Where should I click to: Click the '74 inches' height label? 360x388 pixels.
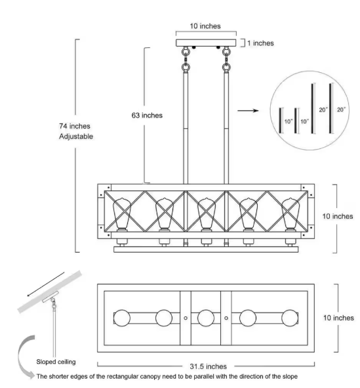click(75, 126)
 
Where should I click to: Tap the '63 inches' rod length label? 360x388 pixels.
click(147, 116)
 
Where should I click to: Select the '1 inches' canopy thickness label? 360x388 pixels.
click(261, 43)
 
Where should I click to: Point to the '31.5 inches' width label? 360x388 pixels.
click(209, 366)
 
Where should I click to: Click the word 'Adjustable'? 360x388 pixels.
click(76, 137)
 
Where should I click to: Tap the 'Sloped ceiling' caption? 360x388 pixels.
click(56, 362)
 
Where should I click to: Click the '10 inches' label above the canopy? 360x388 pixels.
click(205, 26)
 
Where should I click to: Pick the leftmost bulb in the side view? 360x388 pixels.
click(122, 214)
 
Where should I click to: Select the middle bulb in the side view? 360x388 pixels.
click(207, 214)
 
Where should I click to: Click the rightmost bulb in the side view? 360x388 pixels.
click(290, 214)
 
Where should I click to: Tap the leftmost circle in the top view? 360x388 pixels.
click(122, 318)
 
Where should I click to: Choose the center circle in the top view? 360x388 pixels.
click(206, 318)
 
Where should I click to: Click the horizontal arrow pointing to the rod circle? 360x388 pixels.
click(248, 110)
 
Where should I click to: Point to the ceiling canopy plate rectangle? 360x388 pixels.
click(206, 43)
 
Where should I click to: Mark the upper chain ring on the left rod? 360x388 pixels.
click(186, 52)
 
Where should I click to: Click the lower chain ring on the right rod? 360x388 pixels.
click(226, 67)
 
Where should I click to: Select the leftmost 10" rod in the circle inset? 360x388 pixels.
click(280, 121)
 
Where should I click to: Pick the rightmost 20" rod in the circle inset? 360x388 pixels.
click(330, 108)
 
